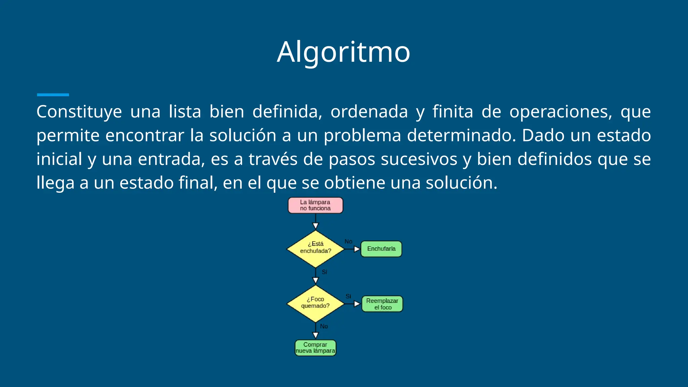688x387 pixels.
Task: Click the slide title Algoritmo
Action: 343,52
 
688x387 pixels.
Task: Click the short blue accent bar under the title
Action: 53,95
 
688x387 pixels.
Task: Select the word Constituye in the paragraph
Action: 79,112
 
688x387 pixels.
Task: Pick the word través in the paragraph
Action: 273,159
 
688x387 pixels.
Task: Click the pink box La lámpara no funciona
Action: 315,205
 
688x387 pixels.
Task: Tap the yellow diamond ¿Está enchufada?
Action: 315,249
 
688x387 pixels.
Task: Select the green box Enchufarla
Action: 381,249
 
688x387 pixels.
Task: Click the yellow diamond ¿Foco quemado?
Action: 315,304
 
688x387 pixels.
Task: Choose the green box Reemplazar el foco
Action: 382,304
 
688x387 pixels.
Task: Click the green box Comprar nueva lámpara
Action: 315,348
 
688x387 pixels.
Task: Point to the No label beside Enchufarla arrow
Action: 348,242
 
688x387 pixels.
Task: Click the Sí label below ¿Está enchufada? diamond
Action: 324,272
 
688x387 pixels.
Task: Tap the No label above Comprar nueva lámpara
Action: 324,326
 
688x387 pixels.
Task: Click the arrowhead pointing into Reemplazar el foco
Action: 357,304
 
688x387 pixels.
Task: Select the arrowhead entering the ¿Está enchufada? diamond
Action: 315,226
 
